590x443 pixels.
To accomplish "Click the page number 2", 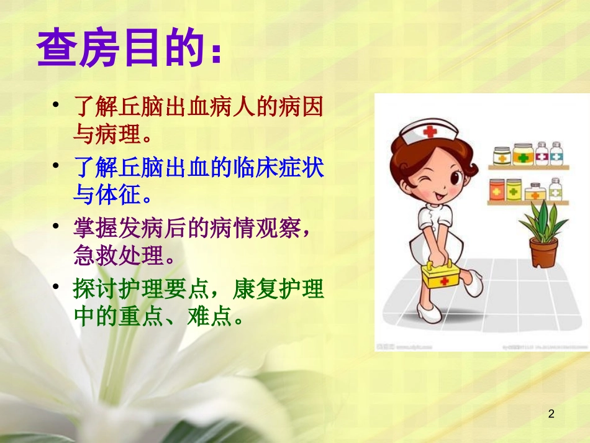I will (551, 414).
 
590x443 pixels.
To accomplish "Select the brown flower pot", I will (543, 252).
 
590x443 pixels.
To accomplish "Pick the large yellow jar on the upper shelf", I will (523, 153).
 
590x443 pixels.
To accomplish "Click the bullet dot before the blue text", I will (57, 166).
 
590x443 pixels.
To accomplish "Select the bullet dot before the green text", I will (57, 287).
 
